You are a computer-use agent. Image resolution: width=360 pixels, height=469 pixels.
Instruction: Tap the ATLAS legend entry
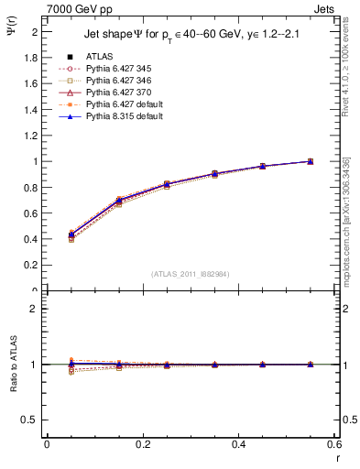(102, 56)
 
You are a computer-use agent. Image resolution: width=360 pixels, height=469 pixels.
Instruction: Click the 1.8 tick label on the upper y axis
(32, 58)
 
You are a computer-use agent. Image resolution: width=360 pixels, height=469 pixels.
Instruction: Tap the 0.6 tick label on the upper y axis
(32, 213)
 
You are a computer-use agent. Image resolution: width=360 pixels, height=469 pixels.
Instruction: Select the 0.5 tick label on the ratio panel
(32, 420)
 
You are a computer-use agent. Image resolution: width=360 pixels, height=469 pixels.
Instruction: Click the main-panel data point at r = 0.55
(311, 161)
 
